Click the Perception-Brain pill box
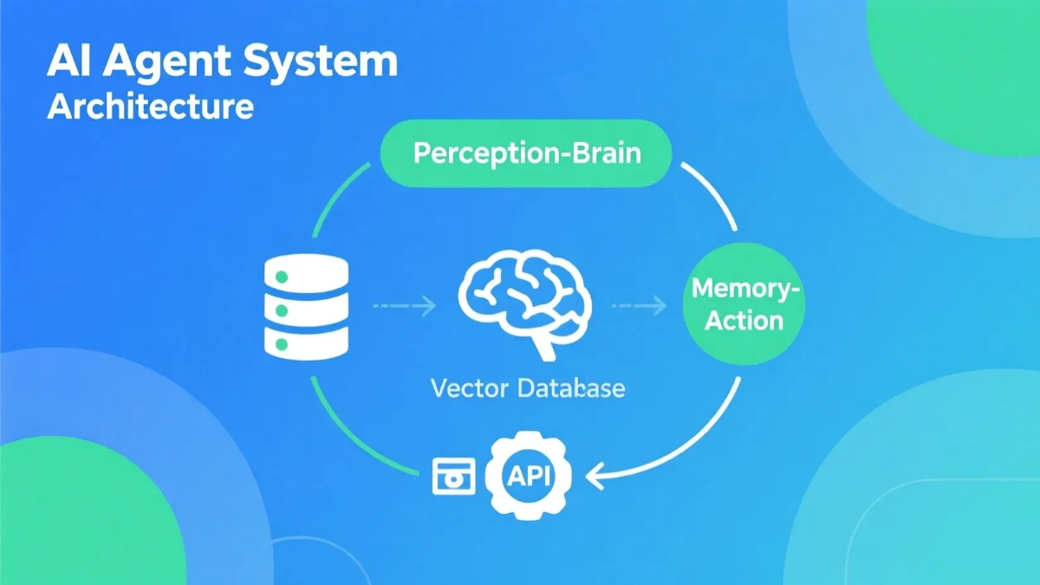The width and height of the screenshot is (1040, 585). (x=526, y=153)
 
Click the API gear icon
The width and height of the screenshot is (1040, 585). (x=528, y=476)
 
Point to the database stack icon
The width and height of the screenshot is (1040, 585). (x=304, y=307)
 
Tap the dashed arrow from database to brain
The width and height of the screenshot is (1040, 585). (x=404, y=305)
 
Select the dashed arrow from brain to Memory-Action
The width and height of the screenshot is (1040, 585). (x=640, y=305)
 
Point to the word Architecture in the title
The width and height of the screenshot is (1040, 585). (x=151, y=107)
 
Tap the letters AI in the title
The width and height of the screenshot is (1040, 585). (x=67, y=64)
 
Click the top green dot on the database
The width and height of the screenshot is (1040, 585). (x=280, y=276)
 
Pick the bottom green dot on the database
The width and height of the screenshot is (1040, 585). (x=280, y=344)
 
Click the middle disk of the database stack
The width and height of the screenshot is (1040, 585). (x=304, y=309)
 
